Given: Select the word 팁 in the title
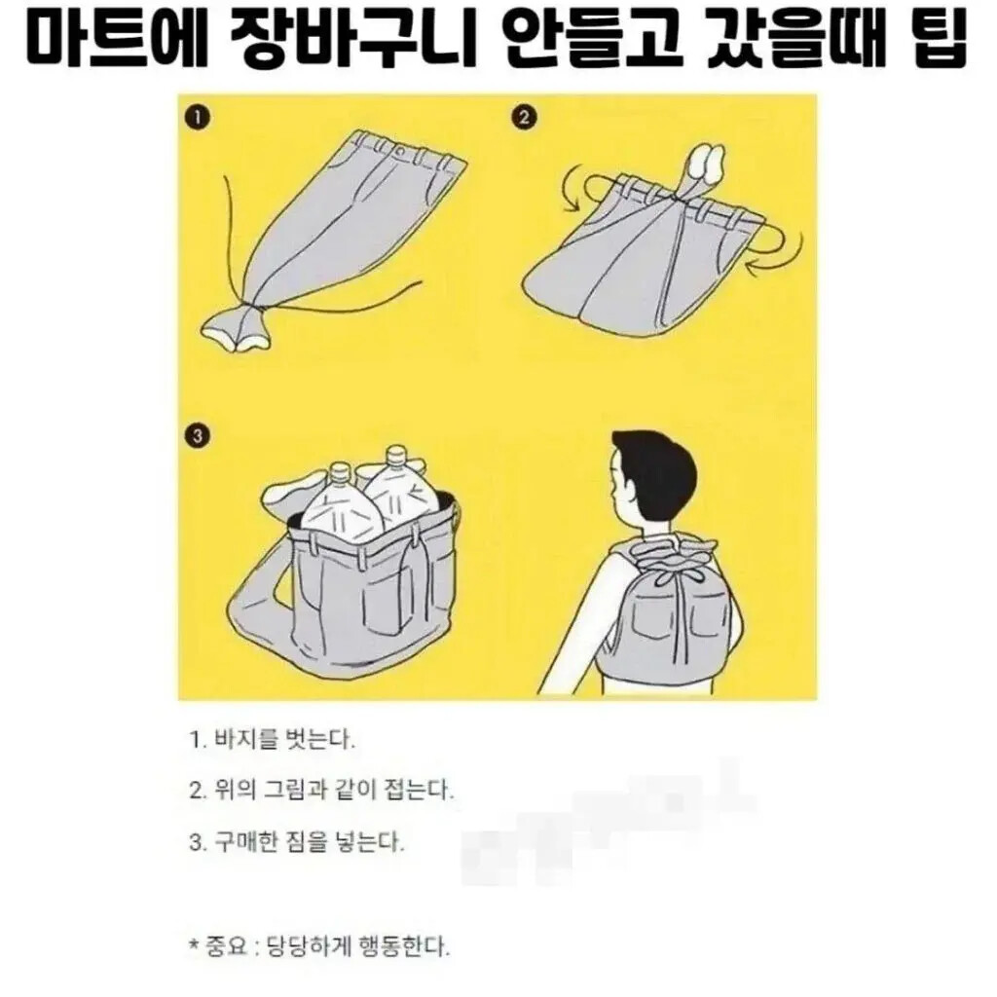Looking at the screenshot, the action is [938, 38].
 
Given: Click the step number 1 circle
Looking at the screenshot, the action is [199, 118].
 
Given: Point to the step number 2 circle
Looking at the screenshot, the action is [525, 118].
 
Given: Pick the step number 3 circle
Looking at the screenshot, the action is [197, 436].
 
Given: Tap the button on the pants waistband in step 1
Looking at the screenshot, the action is [400, 153].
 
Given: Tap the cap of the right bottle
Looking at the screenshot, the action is [395, 455].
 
